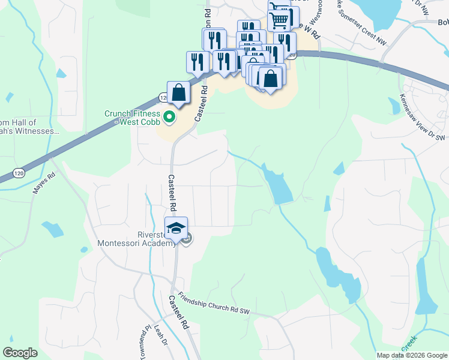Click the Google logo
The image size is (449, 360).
pos(20,352)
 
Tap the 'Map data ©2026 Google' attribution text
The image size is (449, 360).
pos(412,355)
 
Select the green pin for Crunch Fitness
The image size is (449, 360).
pos(169,117)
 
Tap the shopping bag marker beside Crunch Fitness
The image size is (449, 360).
pos(178,93)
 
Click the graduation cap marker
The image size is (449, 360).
pos(176,229)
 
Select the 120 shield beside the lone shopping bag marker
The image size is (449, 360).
pos(163,97)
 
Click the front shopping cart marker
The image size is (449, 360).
pos(280,21)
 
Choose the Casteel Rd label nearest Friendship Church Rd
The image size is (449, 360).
pos(179,311)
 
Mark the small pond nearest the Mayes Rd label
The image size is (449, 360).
pos(53,229)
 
